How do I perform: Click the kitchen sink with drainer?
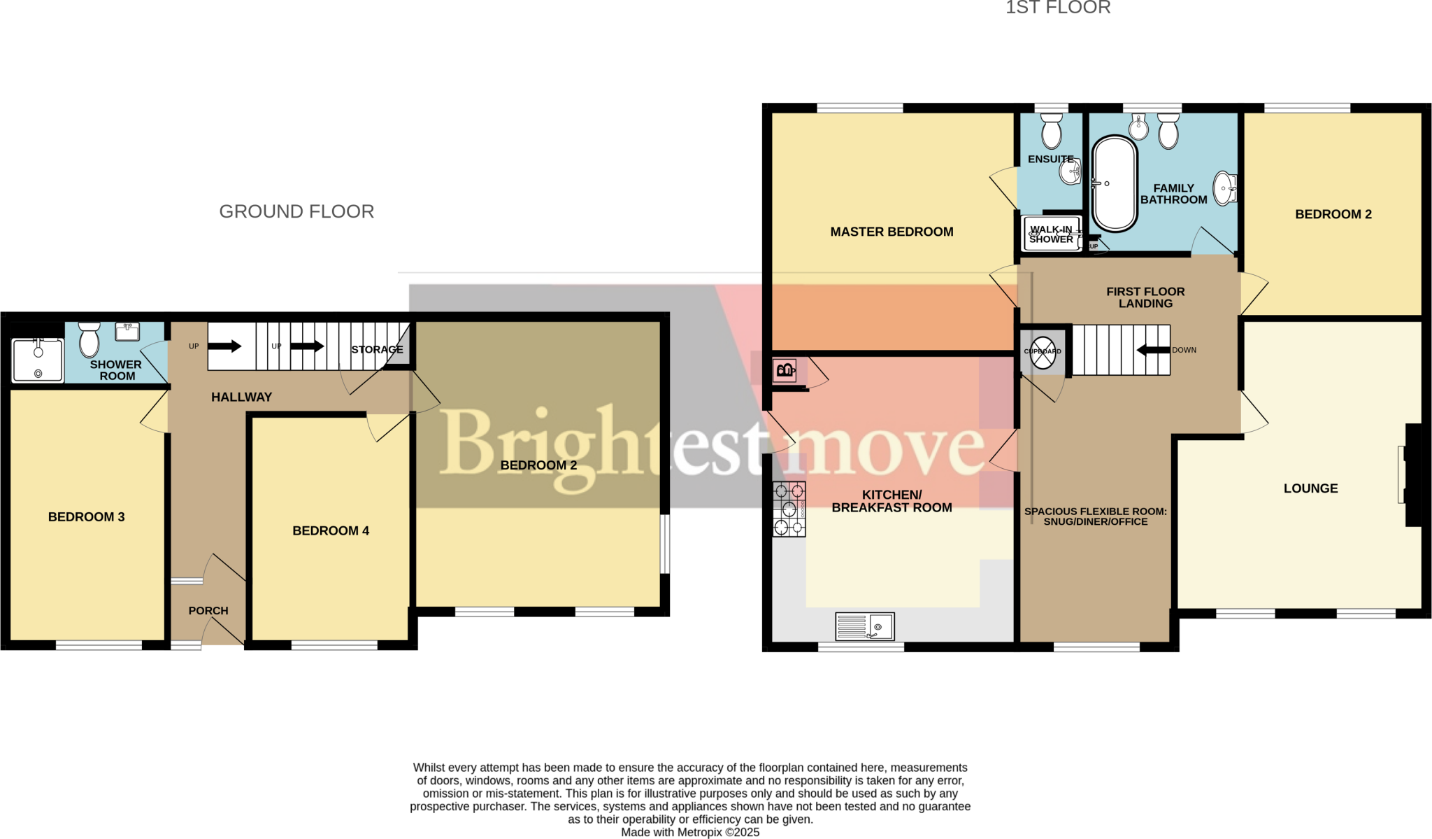pos(865,626)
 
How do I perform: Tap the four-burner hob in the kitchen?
pos(789,509)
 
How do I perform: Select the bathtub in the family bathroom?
pos(1115,184)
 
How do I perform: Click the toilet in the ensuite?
pos(1052,131)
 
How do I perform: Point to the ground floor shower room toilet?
pos(89,340)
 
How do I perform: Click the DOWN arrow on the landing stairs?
pos(1153,350)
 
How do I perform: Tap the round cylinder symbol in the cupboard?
pos(1043,352)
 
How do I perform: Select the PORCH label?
pos(208,611)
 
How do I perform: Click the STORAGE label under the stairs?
pos(377,349)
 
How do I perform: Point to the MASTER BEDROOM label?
pos(892,232)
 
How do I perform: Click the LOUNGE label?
pos(1310,488)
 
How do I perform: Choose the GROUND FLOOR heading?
pos(296,211)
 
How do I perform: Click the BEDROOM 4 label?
pos(331,531)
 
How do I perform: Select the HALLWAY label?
pos(241,397)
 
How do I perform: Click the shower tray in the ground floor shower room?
pos(38,360)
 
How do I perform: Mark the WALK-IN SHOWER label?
pos(1051,234)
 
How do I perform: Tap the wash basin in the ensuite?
pos(1071,171)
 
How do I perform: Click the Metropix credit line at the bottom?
pos(690,832)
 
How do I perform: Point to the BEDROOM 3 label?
pos(86,517)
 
